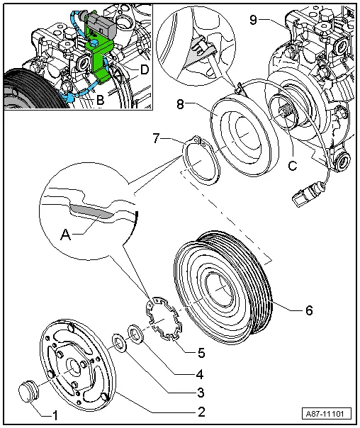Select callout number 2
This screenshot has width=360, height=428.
tap(201, 412)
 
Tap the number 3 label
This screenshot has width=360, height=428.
tap(201, 393)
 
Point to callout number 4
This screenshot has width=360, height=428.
tap(201, 373)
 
